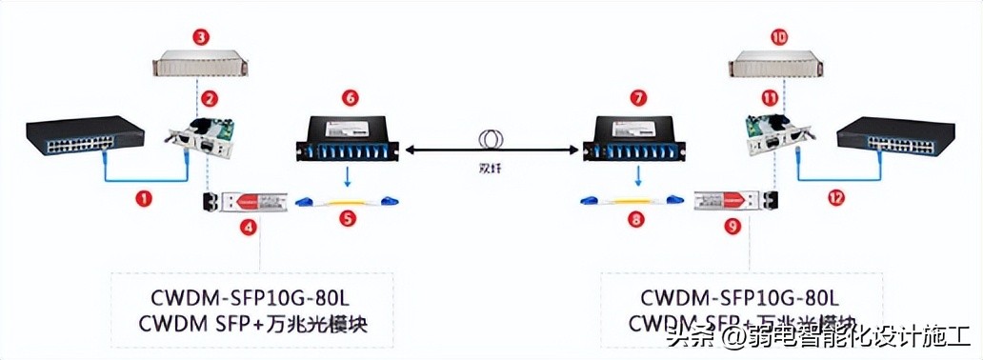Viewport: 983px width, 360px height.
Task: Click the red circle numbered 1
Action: click(x=144, y=198)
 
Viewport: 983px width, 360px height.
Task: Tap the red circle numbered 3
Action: click(x=200, y=38)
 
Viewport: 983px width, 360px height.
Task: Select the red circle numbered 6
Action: click(x=350, y=98)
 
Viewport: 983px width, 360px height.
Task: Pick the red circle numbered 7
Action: click(x=637, y=98)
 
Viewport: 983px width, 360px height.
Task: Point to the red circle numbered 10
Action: click(x=779, y=38)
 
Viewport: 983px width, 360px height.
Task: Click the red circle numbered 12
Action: click(x=835, y=198)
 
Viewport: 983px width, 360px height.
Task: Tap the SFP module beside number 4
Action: click(x=246, y=201)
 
